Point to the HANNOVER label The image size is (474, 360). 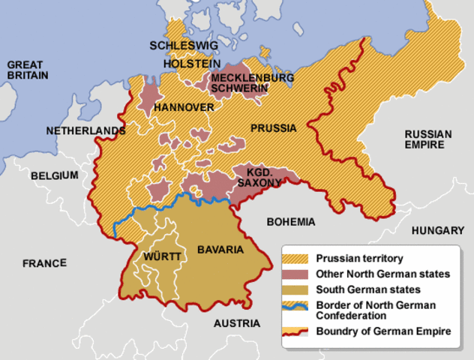tap(184, 108)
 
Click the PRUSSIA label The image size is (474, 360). tap(273, 127)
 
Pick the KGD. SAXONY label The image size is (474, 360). tap(259, 177)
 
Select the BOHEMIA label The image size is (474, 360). tap(291, 222)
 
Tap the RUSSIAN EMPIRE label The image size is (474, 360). tap(428, 139)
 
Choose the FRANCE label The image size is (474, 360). tap(44, 263)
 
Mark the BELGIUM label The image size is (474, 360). tap(54, 175)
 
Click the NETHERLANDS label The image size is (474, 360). tap(85, 130)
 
